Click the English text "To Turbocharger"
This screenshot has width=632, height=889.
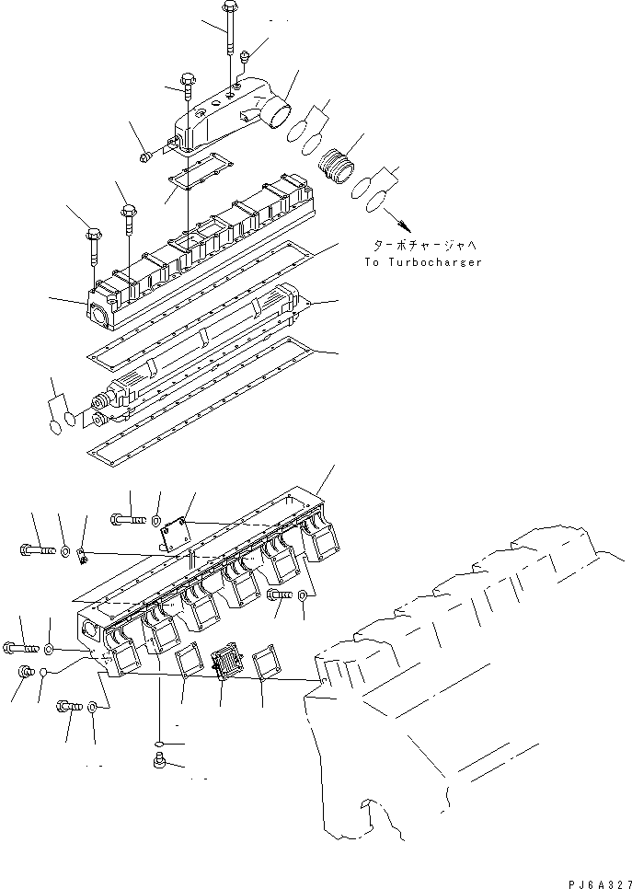[x=422, y=262]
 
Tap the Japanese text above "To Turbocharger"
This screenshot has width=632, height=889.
[x=423, y=247]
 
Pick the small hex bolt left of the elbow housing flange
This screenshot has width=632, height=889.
[x=147, y=159]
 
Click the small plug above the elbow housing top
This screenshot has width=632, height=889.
[x=243, y=59]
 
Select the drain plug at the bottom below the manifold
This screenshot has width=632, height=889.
[x=158, y=760]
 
